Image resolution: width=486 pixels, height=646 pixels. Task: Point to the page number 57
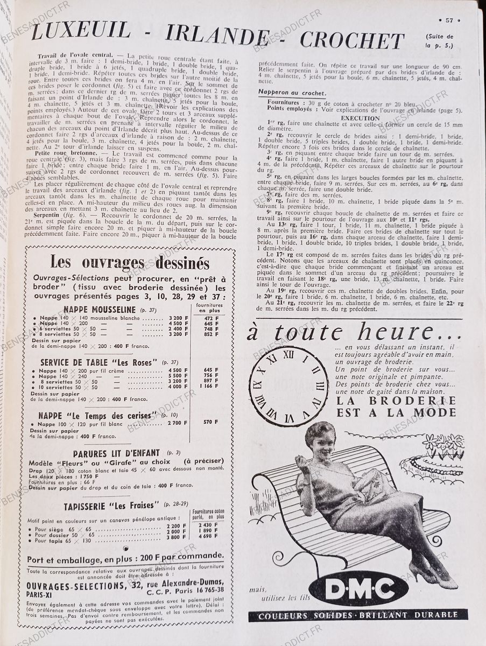449,20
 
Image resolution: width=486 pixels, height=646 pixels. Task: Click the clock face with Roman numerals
288,386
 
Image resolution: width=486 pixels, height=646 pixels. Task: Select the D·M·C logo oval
358,588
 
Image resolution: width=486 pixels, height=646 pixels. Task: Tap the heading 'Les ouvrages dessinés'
130,263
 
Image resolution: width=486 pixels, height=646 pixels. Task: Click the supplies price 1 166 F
208,386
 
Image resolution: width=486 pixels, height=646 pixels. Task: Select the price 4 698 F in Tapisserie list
208,536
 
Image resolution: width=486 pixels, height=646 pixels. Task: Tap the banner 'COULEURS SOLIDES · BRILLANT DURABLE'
357,615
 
